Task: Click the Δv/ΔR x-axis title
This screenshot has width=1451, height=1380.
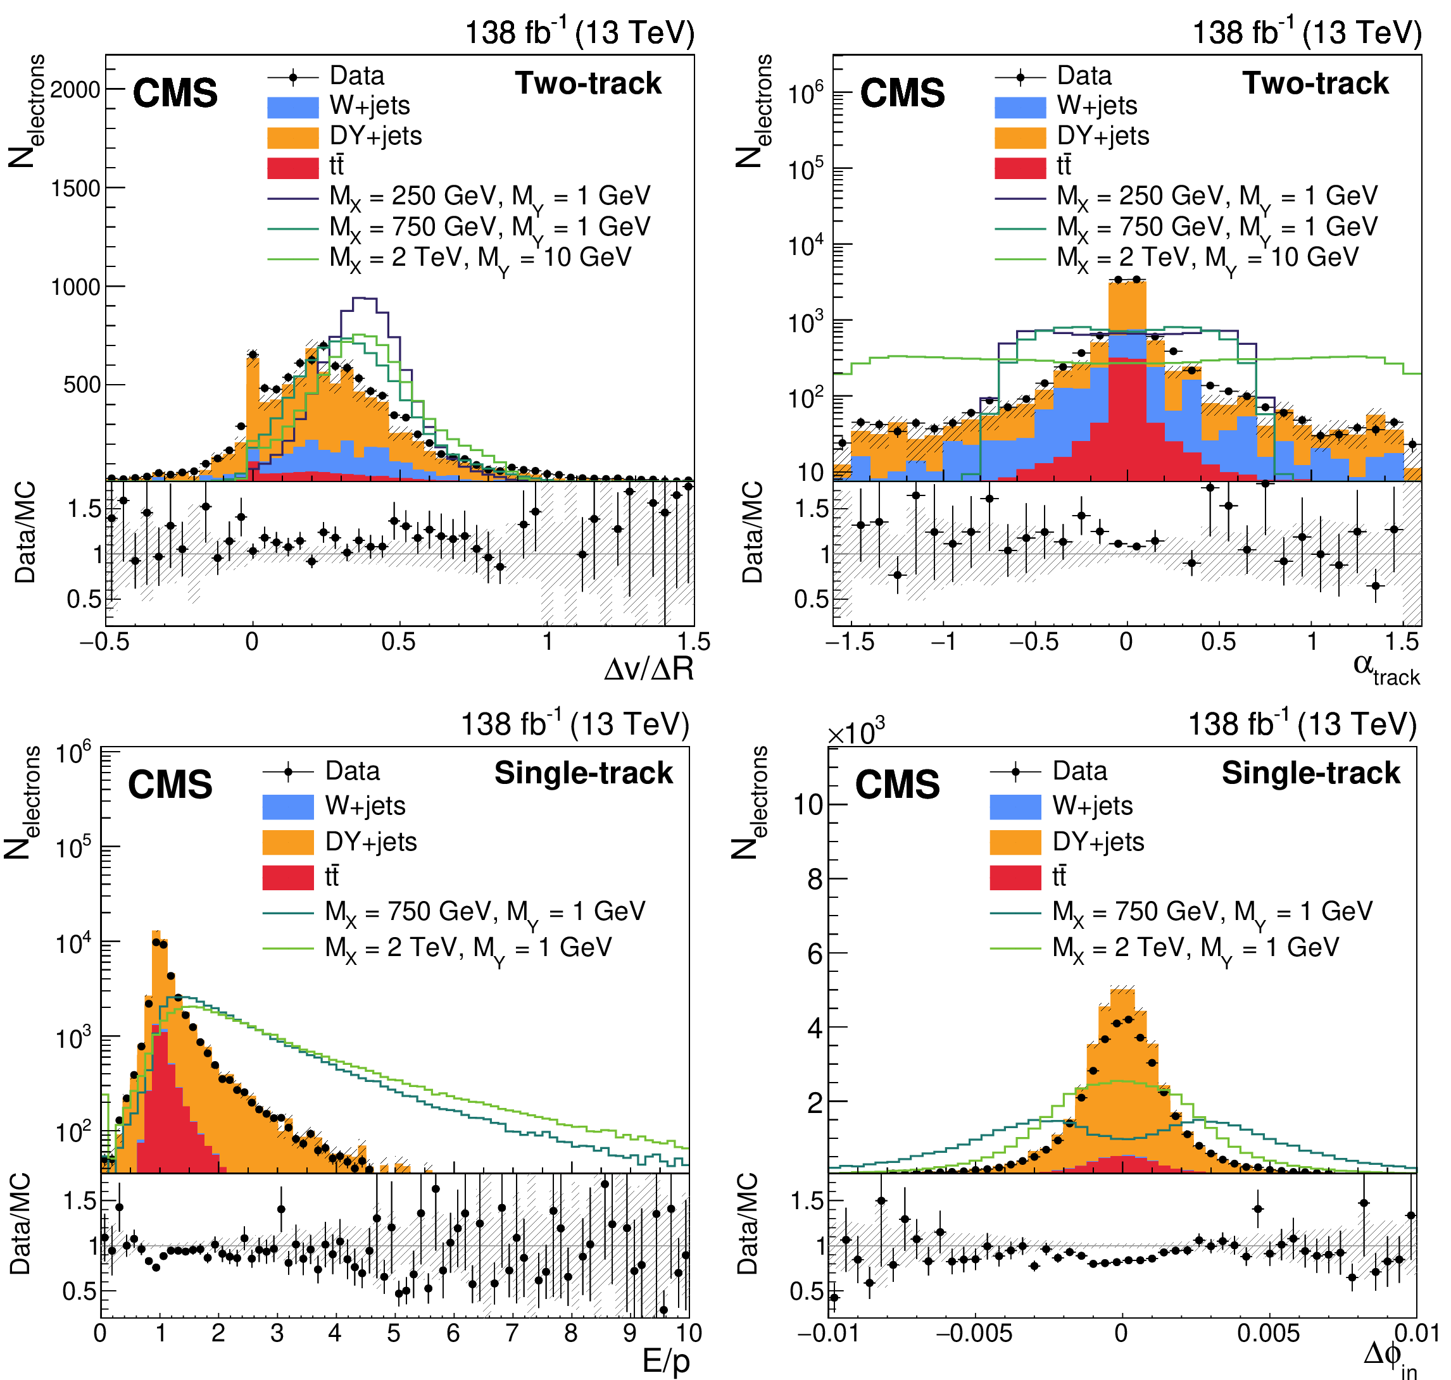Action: [648, 669]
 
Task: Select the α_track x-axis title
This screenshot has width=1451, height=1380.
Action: [1386, 669]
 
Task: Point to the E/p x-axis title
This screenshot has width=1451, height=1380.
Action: [665, 1361]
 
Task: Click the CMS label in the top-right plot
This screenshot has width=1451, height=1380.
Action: [903, 94]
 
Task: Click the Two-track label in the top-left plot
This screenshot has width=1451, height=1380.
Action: [588, 83]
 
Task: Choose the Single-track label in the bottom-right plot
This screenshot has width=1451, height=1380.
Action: [1310, 773]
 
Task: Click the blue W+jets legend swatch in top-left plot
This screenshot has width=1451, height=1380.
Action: [293, 107]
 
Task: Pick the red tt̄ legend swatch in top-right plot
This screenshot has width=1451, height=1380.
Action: [1020, 167]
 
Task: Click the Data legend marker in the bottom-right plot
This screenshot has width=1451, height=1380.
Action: [1015, 773]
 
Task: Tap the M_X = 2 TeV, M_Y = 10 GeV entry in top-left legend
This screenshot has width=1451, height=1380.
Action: [480, 259]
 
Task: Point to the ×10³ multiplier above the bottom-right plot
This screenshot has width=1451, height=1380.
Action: [855, 731]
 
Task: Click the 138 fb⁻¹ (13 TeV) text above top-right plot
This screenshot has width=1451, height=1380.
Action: [1306, 32]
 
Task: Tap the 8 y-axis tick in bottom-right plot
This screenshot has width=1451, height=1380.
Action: [815, 878]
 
